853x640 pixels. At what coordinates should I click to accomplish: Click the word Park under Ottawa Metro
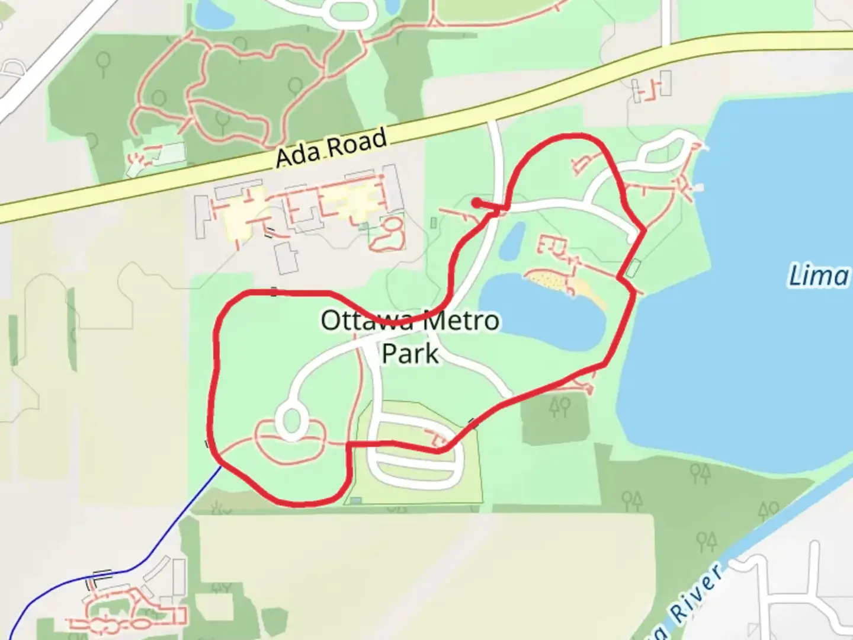coord(410,354)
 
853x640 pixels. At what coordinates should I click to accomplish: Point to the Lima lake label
coord(819,276)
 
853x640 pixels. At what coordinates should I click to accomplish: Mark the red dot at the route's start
coord(476,203)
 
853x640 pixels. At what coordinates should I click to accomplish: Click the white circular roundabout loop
coord(290,420)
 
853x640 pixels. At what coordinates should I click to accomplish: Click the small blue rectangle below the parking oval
coord(355,501)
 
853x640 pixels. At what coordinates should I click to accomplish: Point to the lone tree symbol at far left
coord(104,63)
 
